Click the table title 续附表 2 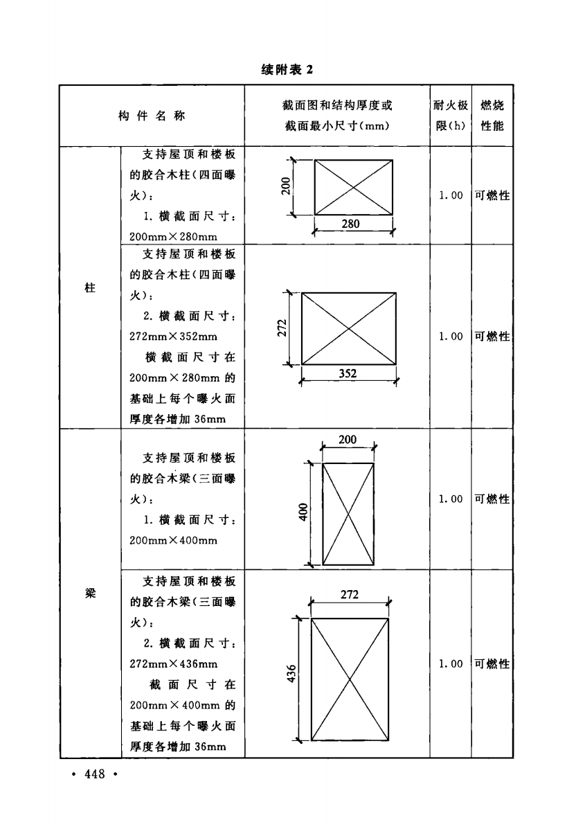click(x=287, y=70)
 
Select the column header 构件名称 click(x=152, y=116)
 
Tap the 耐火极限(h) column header click(x=451, y=116)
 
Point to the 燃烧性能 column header click(x=492, y=116)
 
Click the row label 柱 click(x=91, y=288)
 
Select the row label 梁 click(x=91, y=594)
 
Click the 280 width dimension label click(x=350, y=224)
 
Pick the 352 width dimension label click(x=348, y=373)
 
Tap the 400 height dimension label click(x=303, y=512)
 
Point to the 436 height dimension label click(x=291, y=674)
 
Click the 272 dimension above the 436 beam click(x=350, y=595)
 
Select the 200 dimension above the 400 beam click(x=348, y=440)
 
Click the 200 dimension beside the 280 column click(x=286, y=186)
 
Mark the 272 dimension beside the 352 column click(x=282, y=328)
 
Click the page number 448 click(x=95, y=774)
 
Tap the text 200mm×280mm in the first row click(x=173, y=237)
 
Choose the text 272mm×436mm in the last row click(x=174, y=664)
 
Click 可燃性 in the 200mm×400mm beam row click(x=492, y=499)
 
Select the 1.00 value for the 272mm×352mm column click(x=451, y=337)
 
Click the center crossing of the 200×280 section click(x=354, y=187)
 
